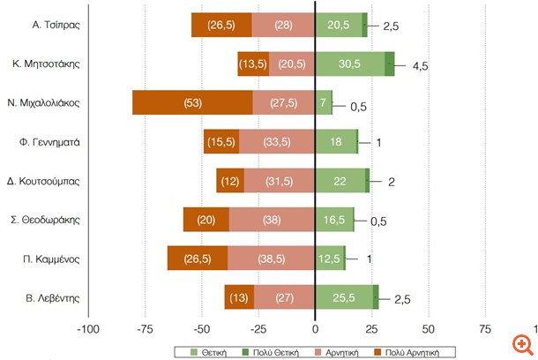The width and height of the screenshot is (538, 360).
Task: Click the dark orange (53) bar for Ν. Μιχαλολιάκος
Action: (192, 102)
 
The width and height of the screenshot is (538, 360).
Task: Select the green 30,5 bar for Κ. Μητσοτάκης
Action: (349, 64)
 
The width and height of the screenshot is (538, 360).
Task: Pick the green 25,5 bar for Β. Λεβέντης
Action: (344, 297)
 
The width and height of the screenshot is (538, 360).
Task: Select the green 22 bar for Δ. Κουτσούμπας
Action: (340, 180)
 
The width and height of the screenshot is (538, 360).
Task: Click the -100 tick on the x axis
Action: (88, 329)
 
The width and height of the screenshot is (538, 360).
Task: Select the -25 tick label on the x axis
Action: (258, 329)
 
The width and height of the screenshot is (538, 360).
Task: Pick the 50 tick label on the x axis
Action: (428, 329)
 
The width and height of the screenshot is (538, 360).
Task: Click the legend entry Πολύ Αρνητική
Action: (430, 351)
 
